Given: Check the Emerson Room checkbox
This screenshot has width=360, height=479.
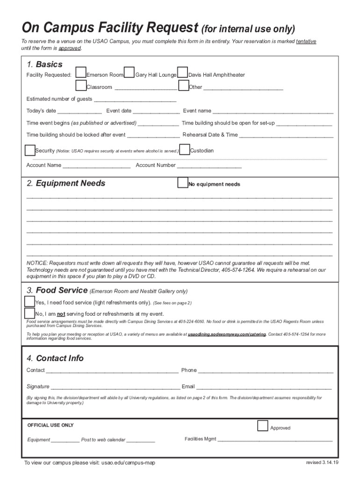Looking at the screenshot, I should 81,73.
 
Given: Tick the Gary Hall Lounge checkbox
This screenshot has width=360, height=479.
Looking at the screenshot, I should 130,73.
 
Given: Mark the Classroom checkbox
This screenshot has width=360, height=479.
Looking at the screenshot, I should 81,85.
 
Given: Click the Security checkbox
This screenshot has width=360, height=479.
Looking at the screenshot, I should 29,150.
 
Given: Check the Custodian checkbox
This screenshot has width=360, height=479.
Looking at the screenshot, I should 185,150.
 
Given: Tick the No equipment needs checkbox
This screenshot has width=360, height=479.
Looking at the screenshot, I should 183,183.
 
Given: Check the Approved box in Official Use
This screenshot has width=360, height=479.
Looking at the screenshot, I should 263,426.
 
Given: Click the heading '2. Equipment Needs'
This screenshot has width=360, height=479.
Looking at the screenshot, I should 66,183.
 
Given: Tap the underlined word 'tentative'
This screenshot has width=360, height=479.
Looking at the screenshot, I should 306,42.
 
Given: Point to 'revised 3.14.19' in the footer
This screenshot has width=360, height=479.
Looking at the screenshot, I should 322,462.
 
